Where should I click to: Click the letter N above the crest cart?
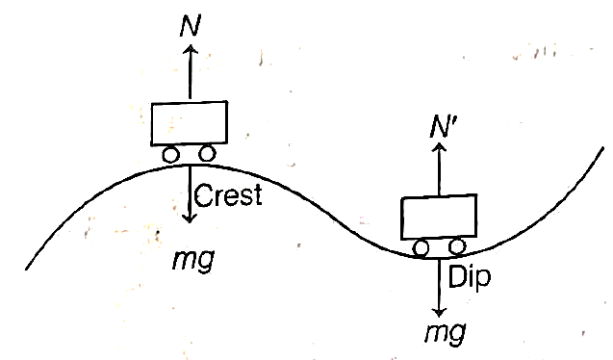(190, 26)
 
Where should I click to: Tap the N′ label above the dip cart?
(442, 126)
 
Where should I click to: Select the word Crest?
(228, 195)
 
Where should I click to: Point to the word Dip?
(470, 276)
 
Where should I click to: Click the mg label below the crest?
(193, 260)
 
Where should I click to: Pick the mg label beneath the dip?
(446, 333)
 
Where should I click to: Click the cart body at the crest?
(190, 123)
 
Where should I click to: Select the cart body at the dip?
(439, 217)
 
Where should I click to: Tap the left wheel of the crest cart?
(170, 154)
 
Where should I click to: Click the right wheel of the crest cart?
(207, 153)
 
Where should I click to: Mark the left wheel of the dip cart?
(421, 248)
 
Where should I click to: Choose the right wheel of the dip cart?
(456, 246)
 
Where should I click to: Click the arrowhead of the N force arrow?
(191, 48)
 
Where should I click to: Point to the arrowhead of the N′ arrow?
(440, 146)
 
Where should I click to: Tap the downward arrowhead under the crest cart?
(190, 219)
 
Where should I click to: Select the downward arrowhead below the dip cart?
(440, 312)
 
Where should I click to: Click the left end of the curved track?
(26, 269)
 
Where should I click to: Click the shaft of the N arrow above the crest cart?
(191, 73)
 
